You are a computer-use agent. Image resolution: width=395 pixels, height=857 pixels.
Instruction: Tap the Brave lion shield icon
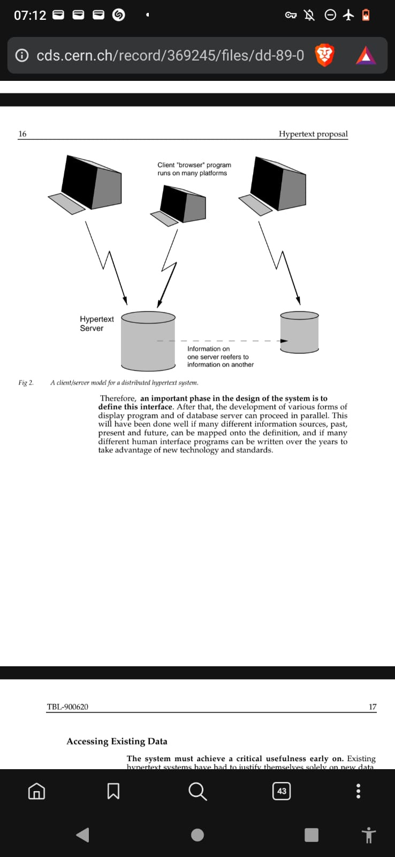pos(324,55)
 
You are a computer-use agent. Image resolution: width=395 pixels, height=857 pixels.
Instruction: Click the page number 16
pos(22,134)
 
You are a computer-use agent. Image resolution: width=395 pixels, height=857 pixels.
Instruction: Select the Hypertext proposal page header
pos(313,134)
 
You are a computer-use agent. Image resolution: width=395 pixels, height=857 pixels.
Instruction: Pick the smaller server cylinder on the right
pos(299,333)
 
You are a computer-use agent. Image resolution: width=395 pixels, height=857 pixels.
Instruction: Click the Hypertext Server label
pos(96,324)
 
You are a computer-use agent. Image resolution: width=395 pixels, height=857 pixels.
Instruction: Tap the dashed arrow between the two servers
pos(222,341)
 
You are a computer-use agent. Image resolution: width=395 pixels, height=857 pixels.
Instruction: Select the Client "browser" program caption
pos(194,169)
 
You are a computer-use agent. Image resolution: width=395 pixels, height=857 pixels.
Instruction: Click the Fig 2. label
pos(26,382)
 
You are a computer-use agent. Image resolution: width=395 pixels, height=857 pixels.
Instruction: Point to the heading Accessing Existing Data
pos(117,741)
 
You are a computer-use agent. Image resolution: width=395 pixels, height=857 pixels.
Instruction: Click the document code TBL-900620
pos(67,707)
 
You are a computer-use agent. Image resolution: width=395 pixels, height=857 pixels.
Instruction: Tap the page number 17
pos(373,707)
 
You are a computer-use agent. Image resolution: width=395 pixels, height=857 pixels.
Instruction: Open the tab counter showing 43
pos(282,791)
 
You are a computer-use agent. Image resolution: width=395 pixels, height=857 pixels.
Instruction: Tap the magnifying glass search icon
pos(197,791)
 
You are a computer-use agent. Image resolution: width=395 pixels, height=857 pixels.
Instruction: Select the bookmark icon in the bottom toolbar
pos(113,791)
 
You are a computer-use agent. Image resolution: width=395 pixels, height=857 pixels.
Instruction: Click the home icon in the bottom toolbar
pos(36,791)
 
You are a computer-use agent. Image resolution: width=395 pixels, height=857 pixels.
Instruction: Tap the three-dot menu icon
pos(358,791)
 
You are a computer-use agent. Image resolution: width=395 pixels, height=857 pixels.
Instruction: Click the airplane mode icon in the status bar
pos(348,15)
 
